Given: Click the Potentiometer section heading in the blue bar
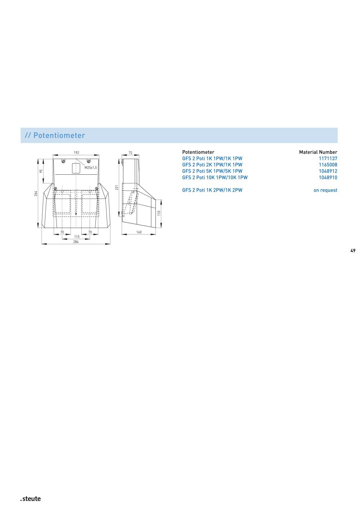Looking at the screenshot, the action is coord(55,135).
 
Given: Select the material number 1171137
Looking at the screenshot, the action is coord(328,158).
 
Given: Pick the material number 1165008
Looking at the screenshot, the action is coord(328,165).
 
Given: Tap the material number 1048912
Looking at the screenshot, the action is coord(328,171).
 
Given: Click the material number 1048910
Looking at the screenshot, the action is coord(328,178).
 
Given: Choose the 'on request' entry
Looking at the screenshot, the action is coord(325,190).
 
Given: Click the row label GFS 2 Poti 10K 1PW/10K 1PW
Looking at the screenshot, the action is coord(215,178).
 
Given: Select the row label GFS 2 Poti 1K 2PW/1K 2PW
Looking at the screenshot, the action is coord(212,190).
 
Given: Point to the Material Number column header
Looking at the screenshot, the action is coord(318,152).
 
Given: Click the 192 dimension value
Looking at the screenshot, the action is coord(76,152).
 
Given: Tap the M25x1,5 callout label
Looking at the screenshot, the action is coord(91,168).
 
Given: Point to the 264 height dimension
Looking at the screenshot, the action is coord(36,193).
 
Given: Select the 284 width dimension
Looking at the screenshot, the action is coord(76,242).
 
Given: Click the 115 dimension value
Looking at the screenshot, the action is coord(77,237).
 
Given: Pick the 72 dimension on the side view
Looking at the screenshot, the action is coord(130,153).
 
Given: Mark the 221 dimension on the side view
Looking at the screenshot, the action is coord(117,187).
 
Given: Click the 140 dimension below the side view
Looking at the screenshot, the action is coord(139,232).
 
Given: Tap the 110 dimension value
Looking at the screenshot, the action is coord(159,213).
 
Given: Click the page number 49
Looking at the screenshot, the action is coord(353,251).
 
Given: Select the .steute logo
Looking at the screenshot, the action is coord(31,499).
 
